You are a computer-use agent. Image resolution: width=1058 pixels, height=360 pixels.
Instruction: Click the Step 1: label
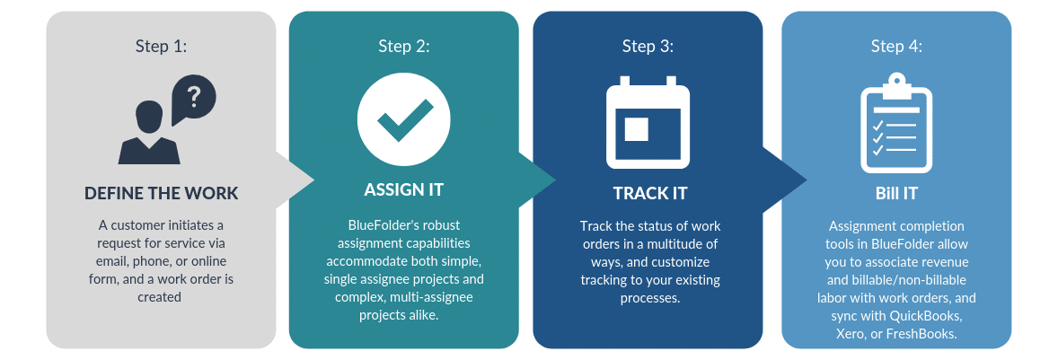click(x=162, y=47)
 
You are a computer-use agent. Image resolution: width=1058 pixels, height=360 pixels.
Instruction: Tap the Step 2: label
click(x=404, y=47)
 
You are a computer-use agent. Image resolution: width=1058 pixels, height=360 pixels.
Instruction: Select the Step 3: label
click(x=648, y=47)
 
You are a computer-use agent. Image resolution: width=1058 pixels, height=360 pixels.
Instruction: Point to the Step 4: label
click(x=896, y=47)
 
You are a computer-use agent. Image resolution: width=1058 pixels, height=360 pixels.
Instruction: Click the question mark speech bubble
click(x=193, y=99)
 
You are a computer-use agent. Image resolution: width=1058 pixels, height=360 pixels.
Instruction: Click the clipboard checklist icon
click(x=896, y=122)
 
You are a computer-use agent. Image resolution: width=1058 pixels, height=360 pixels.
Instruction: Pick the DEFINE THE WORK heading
click(x=162, y=194)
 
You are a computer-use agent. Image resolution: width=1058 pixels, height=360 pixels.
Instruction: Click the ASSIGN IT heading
click(x=404, y=189)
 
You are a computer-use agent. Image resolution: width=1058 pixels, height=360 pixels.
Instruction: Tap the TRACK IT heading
click(x=650, y=194)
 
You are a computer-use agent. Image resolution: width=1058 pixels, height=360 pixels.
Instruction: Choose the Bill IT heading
click(x=896, y=194)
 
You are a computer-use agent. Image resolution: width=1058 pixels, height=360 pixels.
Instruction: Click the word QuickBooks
click(x=926, y=315)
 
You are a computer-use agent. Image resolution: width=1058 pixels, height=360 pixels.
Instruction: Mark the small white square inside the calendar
click(x=636, y=128)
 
